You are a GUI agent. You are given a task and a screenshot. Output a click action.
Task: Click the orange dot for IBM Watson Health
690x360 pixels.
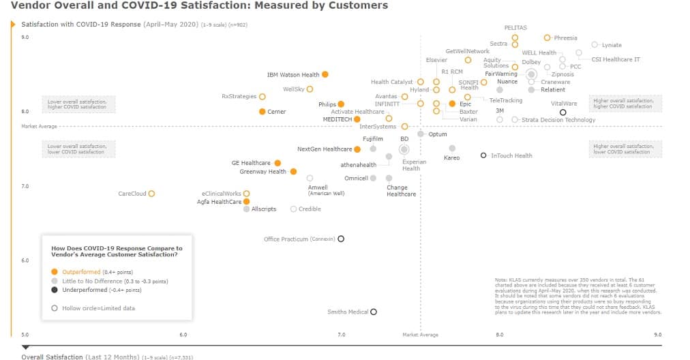click(325, 74)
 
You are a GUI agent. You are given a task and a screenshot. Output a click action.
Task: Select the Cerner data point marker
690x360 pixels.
click(262, 112)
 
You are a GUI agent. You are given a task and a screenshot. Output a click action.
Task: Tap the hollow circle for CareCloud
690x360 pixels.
click(151, 194)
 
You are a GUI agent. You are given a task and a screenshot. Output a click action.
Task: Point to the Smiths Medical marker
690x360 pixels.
click(374, 312)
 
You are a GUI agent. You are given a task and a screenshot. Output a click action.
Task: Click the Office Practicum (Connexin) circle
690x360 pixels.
click(341, 239)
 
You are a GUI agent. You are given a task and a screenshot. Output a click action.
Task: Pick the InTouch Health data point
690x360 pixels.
click(483, 155)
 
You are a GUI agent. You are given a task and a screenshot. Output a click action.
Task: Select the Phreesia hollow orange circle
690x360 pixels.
click(547, 38)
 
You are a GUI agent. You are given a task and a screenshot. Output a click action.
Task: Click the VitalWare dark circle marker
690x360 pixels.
click(562, 112)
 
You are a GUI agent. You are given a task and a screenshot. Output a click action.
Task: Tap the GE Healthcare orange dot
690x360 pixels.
click(277, 163)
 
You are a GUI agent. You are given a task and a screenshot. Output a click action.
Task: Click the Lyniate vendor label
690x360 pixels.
click(611, 45)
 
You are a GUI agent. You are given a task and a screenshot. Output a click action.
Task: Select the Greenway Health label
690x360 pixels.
click(262, 172)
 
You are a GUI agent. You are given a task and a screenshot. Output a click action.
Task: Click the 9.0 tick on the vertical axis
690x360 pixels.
click(25, 37)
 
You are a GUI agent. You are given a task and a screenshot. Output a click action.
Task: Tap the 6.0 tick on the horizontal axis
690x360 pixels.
click(183, 335)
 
